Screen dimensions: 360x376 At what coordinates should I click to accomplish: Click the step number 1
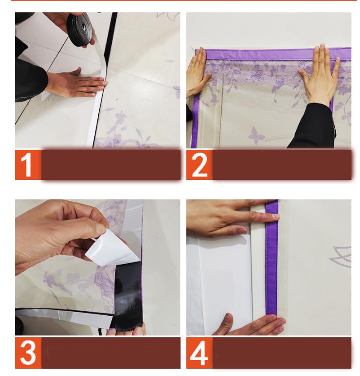pyautogui.click(x=27, y=165)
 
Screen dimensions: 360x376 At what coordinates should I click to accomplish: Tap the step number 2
pyautogui.click(x=199, y=165)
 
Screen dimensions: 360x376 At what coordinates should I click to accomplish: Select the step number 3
pyautogui.click(x=28, y=353)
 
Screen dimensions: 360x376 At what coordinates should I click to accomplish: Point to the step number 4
pyautogui.click(x=199, y=354)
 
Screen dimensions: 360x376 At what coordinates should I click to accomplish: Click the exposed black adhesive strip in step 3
pyautogui.click(x=128, y=296)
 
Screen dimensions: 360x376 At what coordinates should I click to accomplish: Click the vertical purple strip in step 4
pyautogui.click(x=272, y=258)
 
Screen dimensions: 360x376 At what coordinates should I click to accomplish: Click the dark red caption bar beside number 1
pyautogui.click(x=111, y=164)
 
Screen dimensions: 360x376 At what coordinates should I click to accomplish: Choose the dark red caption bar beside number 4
pyautogui.click(x=282, y=353)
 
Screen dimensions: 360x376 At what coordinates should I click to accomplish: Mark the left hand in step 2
pyautogui.click(x=197, y=72)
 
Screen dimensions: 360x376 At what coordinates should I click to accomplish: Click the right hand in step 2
pyautogui.click(x=319, y=77)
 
